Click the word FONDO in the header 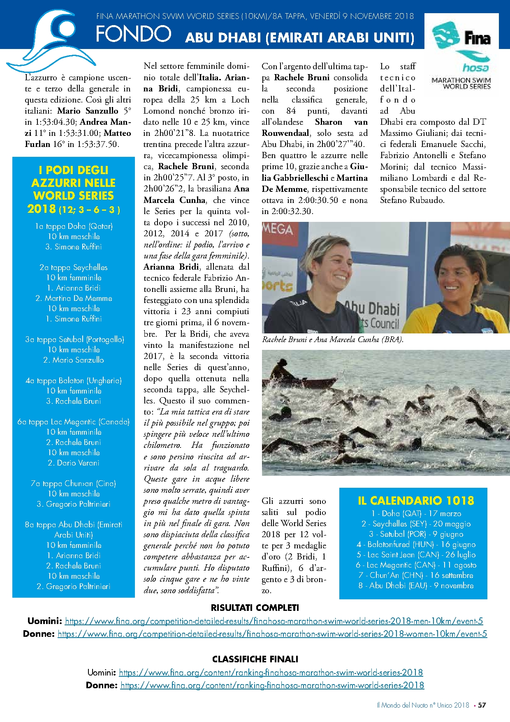coord(133,34)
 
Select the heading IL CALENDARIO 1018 coord(416,501)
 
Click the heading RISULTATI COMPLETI coord(255,608)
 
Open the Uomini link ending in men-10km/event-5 coord(274,621)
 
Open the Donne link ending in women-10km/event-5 coord(272,633)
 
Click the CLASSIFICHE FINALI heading coord(255,659)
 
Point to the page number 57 coord(482,705)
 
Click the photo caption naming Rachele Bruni coord(333,340)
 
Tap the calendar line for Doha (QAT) coord(416,513)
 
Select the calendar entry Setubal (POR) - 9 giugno coord(416,534)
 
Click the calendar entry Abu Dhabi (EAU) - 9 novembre coord(416,585)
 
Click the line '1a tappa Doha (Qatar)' coord(74,226)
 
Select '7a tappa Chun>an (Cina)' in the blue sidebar coord(74,483)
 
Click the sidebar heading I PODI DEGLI coord(74,170)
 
